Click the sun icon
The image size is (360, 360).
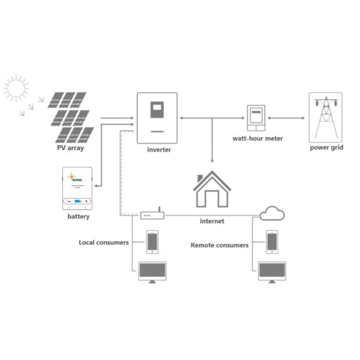coord(16,89)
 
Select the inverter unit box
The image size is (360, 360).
coord(157,118)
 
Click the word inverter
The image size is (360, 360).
coord(159,150)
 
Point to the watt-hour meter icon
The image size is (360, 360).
coord(256,117)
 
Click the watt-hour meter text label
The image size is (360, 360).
coord(257,139)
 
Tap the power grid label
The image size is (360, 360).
coord(326,148)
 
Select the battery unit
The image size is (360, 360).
coord(78,188)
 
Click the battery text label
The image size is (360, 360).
coord(79,217)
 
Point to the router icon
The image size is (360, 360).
coord(152,214)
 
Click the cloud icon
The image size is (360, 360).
coord(272,212)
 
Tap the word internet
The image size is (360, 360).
coord(212,221)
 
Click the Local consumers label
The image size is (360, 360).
coord(104,242)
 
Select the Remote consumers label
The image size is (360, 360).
coord(220,245)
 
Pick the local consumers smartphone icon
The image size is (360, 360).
coord(152,242)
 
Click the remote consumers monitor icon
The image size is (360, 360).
coord(272,272)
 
